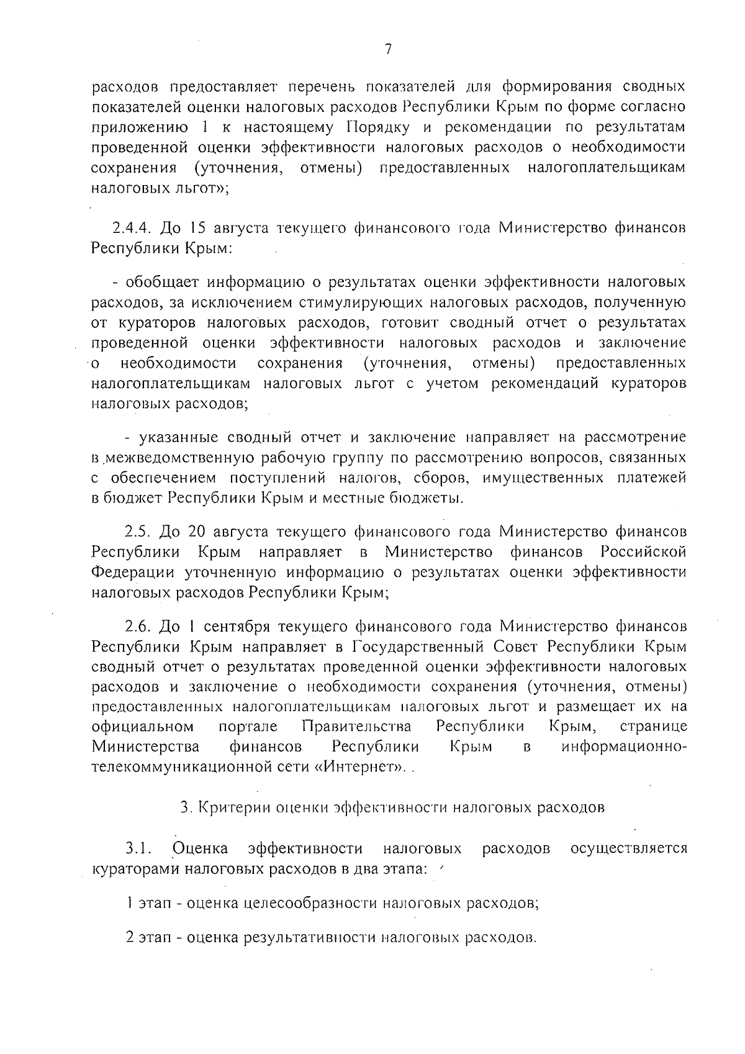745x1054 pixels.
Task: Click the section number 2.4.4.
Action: tap(132, 227)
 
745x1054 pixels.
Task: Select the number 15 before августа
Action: tap(194, 227)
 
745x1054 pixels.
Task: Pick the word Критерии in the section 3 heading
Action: tap(225, 808)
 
